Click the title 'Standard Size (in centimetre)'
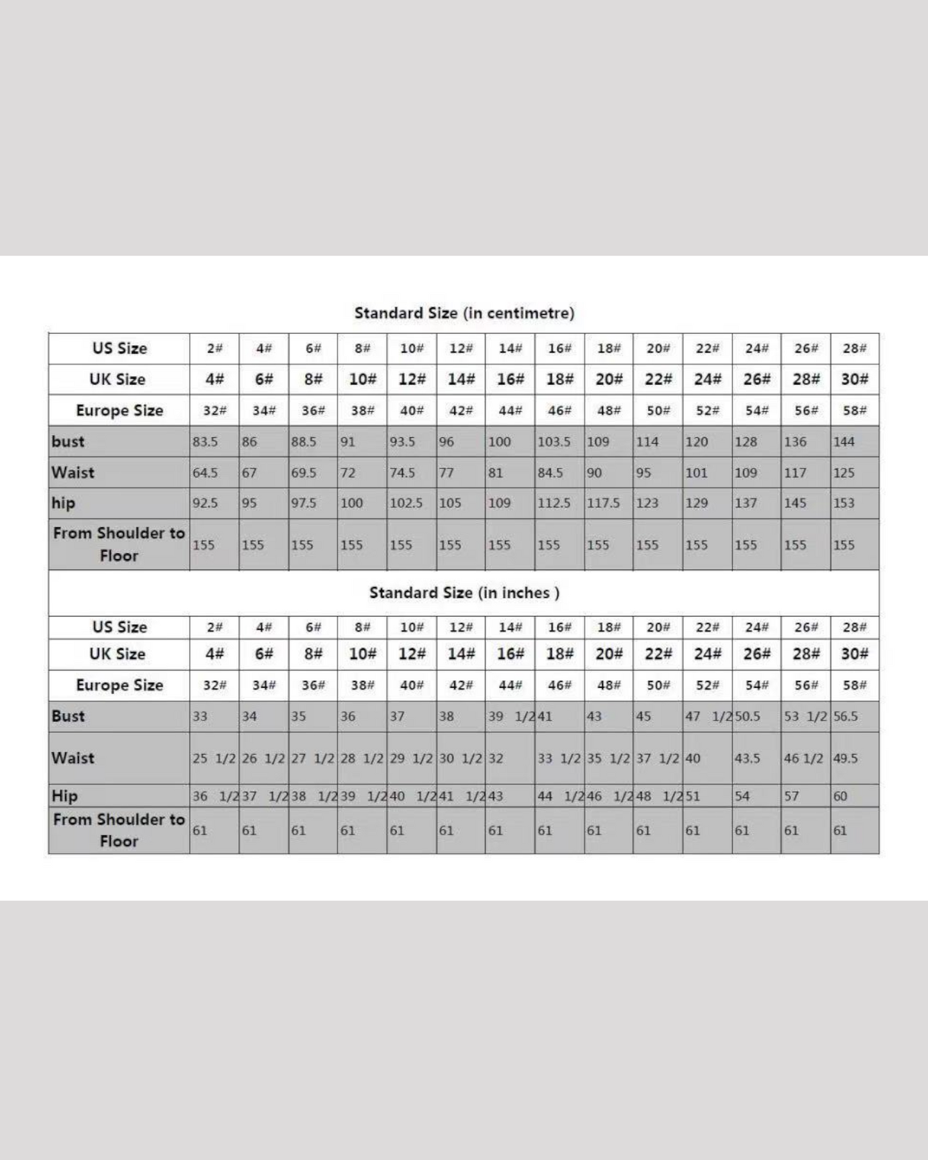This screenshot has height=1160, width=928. [x=464, y=313]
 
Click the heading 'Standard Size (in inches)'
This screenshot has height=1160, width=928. [x=464, y=593]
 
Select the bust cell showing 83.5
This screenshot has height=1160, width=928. [x=205, y=442]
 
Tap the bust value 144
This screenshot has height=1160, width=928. [x=844, y=442]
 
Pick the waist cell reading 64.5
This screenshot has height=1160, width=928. [x=205, y=473]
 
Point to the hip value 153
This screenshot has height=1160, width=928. [x=844, y=503]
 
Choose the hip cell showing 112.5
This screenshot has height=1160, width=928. [x=554, y=503]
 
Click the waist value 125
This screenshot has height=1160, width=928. [x=844, y=473]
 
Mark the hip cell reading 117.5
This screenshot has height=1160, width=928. [x=603, y=503]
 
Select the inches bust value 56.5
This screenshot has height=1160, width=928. [x=846, y=716]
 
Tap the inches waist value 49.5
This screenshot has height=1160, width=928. [x=846, y=758]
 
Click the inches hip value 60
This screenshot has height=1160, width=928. [x=841, y=796]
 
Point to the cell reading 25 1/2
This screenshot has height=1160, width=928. [x=214, y=758]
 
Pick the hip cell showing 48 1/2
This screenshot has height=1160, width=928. [x=659, y=796]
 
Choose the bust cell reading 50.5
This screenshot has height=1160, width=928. [x=748, y=716]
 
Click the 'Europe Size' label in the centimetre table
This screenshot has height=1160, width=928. [x=119, y=410]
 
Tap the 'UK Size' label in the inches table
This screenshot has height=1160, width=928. [x=118, y=654]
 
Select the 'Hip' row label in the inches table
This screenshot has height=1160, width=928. [x=65, y=796]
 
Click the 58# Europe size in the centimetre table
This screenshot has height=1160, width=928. [x=855, y=410]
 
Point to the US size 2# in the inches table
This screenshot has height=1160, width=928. [x=214, y=628]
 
